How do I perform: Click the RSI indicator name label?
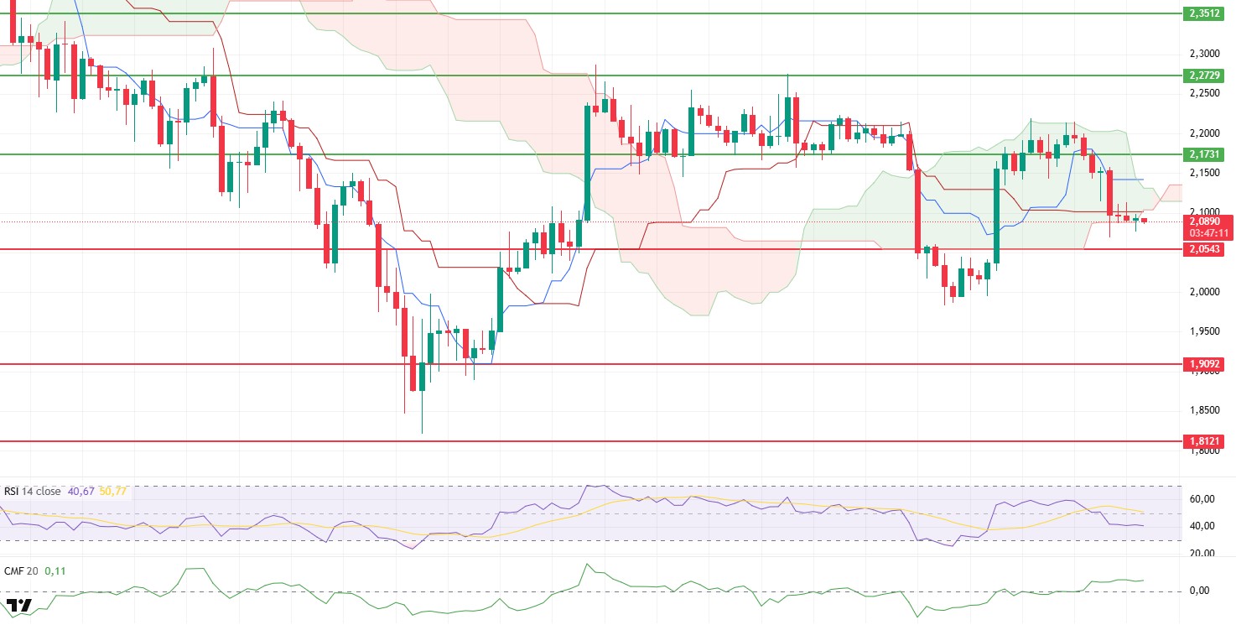12,492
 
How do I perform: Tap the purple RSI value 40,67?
81,492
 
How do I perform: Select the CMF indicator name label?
13,570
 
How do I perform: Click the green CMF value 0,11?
56,570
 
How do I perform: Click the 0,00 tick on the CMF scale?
1199,591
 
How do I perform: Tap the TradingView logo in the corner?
18,606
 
